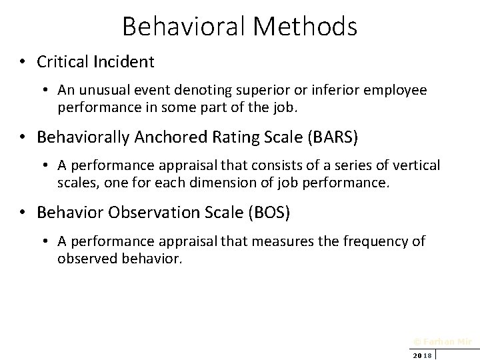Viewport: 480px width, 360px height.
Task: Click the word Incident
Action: click(x=124, y=62)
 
